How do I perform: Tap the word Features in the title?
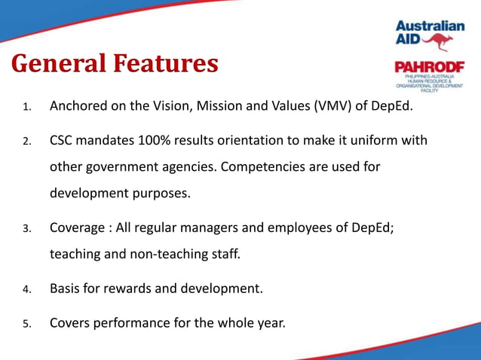pyautogui.click(x=164, y=63)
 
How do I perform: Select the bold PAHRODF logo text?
pyautogui.click(x=429, y=69)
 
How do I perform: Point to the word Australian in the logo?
pyautogui.click(x=430, y=25)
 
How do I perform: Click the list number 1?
pyautogui.click(x=26, y=107)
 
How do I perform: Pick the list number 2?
pyautogui.click(x=26, y=142)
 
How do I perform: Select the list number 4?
pyautogui.click(x=26, y=289)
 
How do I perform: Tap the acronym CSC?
pyautogui.click(x=63, y=140)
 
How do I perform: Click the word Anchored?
pyautogui.click(x=78, y=105)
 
